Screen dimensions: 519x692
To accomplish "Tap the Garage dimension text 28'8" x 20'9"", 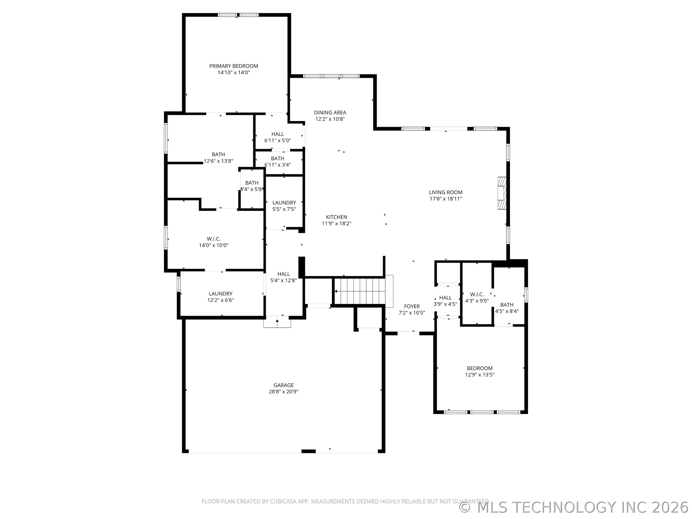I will pos(284,392).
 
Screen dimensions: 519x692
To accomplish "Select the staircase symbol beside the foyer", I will pos(360,291).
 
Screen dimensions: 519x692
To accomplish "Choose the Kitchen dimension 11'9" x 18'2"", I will pos(336,223).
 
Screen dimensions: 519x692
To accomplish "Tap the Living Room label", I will pos(445,192).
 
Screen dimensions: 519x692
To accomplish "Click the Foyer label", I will pos(412,306).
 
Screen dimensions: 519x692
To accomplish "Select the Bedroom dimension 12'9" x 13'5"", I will pos(480,375).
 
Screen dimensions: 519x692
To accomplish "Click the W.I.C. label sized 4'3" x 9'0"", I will pos(477,294).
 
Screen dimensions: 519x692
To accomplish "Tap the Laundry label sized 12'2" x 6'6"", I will pos(221,293).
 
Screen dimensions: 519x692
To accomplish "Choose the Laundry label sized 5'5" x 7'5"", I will pos(284,203).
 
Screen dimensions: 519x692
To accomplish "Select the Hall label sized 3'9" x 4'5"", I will pos(445,297).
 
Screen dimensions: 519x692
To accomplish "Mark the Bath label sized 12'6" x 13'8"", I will pos(218,154).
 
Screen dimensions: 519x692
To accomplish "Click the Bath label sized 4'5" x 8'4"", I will pos(507,305).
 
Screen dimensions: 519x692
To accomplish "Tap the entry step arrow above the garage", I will pos(277,322).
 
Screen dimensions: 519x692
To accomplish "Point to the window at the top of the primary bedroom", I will pos(238,15).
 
